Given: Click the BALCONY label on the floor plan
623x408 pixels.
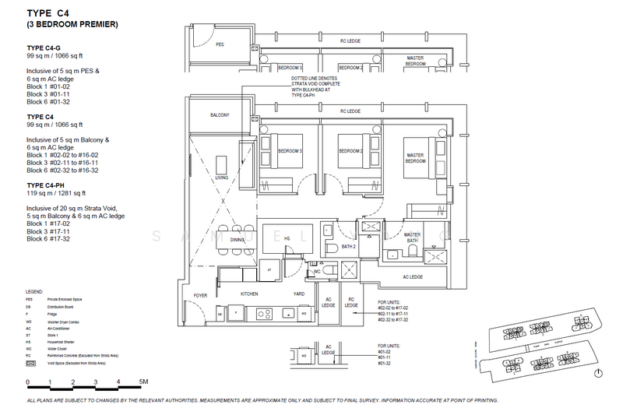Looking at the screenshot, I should coord(219,115).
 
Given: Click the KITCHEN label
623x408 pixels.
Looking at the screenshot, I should coord(248,294).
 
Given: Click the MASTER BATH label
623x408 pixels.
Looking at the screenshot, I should coord(412,237).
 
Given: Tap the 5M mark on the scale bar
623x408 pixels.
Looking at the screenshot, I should coord(143,382).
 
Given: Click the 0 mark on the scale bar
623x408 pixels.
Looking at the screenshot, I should coord(28,382).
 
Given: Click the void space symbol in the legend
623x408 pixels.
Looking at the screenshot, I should coord(30,362).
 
